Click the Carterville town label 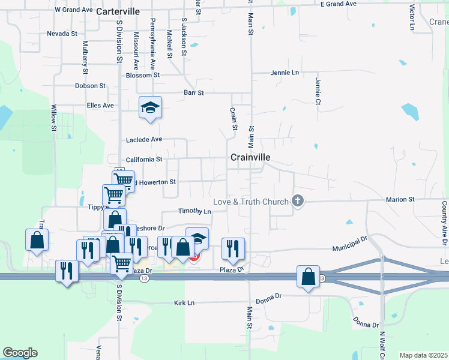(118, 11)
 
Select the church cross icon (297, 202)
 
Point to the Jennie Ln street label (285, 73)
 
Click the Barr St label (194, 93)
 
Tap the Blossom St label (143, 75)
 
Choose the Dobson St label (90, 86)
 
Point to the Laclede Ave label (144, 139)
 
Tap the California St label (144, 160)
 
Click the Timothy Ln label (194, 211)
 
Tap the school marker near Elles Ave (150, 107)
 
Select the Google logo (20, 353)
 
